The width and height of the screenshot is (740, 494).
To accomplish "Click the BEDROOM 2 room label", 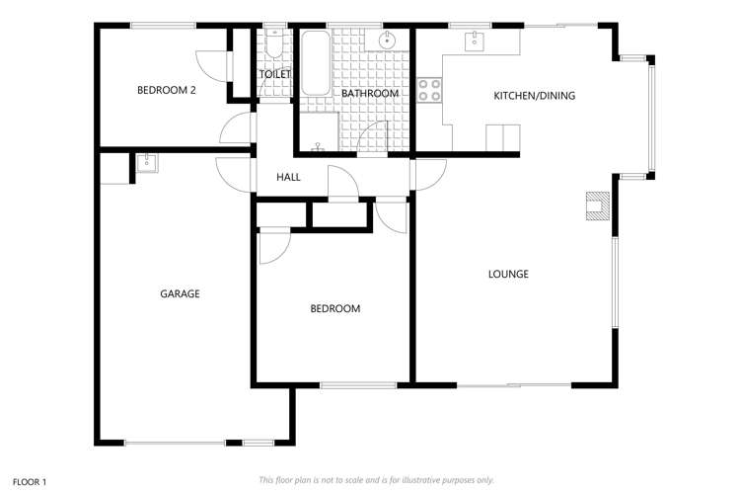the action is (166, 90).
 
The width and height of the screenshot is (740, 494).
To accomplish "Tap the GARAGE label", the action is (180, 293).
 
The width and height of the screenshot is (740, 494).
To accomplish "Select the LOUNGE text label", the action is (508, 274).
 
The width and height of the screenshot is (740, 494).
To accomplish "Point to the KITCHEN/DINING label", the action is (534, 96).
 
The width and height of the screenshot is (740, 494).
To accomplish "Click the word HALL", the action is (288, 177).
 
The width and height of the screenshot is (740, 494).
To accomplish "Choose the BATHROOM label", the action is (370, 93).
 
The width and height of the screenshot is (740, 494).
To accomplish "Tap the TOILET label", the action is (274, 74).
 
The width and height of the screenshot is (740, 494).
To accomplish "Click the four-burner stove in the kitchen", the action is (429, 90).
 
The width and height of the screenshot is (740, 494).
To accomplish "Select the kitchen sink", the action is (474, 41).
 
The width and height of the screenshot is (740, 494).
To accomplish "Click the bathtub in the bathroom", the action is (316, 63).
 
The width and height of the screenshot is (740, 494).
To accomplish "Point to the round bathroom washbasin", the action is (387, 40).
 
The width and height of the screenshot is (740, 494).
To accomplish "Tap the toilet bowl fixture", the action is (273, 43).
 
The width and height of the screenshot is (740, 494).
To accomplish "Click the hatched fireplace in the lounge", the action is (598, 206).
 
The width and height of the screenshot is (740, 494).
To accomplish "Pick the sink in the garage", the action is (147, 163).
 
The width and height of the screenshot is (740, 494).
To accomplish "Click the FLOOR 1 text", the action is (30, 482).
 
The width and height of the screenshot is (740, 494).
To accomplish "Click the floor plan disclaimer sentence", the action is (376, 480).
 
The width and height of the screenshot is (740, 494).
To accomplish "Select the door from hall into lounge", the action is (430, 175).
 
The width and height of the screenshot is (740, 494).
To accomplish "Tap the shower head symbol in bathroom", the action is (318, 146).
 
